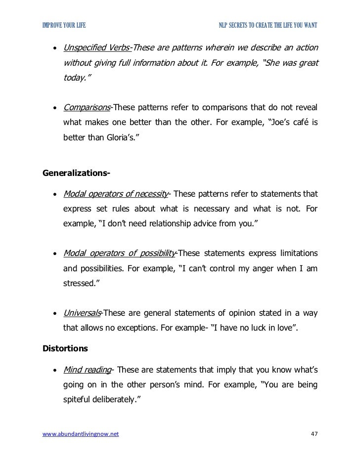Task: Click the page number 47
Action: tap(312, 434)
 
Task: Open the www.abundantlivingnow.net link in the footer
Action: tap(78, 434)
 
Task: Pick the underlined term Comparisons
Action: tap(86, 108)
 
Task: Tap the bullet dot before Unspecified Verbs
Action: tap(53, 48)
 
